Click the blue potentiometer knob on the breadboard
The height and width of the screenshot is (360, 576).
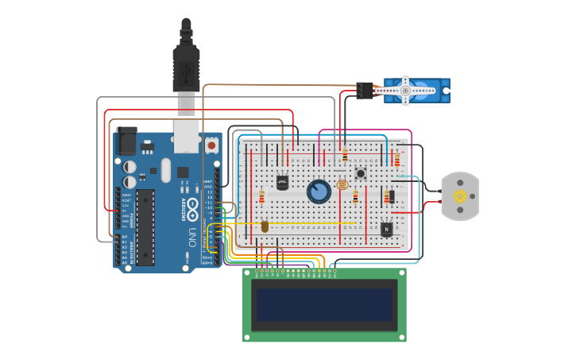pyautogui.click(x=319, y=192)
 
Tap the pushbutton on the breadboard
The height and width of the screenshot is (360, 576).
pyautogui.click(x=360, y=173)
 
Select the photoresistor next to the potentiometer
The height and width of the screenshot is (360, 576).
pyautogui.click(x=342, y=185)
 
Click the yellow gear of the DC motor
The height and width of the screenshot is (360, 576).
pyautogui.click(x=459, y=195)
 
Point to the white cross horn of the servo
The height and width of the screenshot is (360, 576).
pyautogui.click(x=405, y=91)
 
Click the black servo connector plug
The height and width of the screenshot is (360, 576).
pyautogui.click(x=365, y=91)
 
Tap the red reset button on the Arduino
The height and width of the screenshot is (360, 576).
pyautogui.click(x=211, y=146)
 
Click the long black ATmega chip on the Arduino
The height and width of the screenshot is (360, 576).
pyautogui.click(x=145, y=226)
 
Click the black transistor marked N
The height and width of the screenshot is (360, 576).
pyautogui.click(x=386, y=229)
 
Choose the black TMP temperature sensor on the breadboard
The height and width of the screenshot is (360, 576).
pyautogui.click(x=282, y=182)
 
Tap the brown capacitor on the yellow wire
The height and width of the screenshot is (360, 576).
pyautogui.click(x=265, y=226)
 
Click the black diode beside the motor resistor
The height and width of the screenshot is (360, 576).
pyautogui.click(x=390, y=196)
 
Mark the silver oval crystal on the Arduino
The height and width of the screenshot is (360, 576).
pyautogui.click(x=165, y=170)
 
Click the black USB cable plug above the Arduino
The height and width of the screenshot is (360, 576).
pyautogui.click(x=186, y=64)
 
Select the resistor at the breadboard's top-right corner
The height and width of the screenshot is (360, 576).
pyautogui.click(x=397, y=161)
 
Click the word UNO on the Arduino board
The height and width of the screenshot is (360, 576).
pyautogui.click(x=191, y=236)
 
